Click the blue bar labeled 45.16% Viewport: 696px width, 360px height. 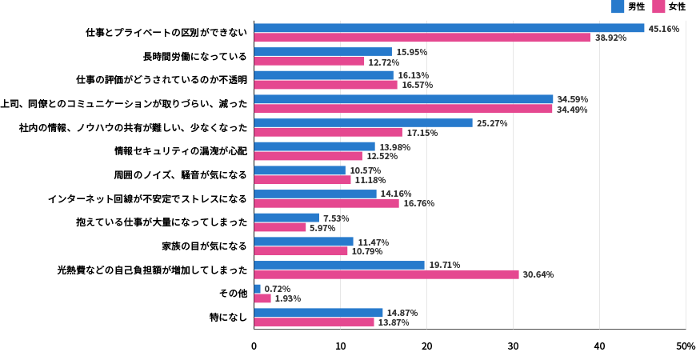[x=449, y=28]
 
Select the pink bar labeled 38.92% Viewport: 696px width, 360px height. [x=422, y=38]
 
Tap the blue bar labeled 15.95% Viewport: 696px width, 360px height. [x=323, y=52]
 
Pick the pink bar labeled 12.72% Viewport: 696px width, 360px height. [x=309, y=62]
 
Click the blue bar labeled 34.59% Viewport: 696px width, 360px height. [x=403, y=99]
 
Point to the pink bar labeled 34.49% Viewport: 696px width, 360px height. [x=403, y=109]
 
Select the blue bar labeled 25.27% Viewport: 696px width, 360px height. [x=363, y=123]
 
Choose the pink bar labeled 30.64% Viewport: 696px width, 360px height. [x=386, y=274]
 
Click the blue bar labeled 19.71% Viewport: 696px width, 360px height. [x=339, y=265]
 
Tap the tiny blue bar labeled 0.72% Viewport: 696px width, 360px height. [x=258, y=289]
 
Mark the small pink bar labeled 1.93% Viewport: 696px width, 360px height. [x=262, y=298]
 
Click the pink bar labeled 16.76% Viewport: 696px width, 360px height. [x=326, y=203]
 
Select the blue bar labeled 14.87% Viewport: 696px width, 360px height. [x=318, y=313]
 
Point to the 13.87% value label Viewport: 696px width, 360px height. [x=394, y=322]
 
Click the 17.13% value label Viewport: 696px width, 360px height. [x=422, y=133]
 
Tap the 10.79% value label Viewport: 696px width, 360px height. [x=367, y=251]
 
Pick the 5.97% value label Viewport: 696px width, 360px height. [x=322, y=228]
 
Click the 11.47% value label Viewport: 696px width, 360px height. [x=373, y=242]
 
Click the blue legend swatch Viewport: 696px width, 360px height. [x=618, y=6]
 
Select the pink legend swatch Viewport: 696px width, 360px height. [x=658, y=6]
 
